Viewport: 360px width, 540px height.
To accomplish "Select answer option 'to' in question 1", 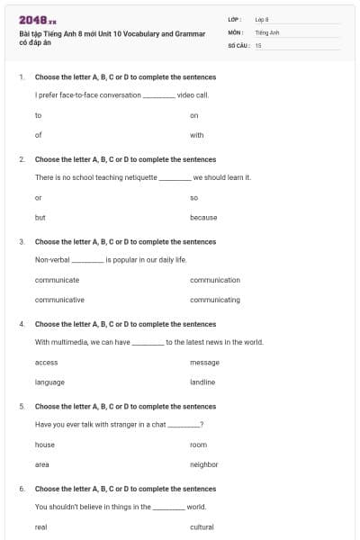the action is (x=39, y=116).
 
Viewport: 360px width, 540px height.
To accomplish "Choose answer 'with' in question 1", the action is (x=197, y=136).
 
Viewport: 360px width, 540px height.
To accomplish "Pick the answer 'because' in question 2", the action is (x=203, y=218).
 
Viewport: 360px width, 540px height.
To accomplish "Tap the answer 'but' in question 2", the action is (x=40, y=218).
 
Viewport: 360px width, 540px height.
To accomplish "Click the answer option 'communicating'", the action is (x=215, y=300).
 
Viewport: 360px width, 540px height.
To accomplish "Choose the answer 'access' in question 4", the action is (x=46, y=363).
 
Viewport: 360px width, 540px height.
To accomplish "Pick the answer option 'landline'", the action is (x=202, y=382).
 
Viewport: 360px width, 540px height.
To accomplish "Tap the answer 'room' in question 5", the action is (x=198, y=445).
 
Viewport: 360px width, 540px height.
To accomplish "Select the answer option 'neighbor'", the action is (x=203, y=464).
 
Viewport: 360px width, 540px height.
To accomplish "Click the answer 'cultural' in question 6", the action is (x=202, y=527).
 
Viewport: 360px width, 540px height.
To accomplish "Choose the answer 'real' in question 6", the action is (x=40, y=527).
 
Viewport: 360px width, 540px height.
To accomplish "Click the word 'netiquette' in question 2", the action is (x=139, y=177).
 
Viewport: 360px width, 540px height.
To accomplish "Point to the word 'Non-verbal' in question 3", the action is (x=52, y=259).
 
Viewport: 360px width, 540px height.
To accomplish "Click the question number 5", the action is (x=22, y=406).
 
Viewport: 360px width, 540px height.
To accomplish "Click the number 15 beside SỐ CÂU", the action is (x=258, y=44).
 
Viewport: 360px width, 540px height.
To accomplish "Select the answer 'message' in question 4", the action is (x=204, y=363).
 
